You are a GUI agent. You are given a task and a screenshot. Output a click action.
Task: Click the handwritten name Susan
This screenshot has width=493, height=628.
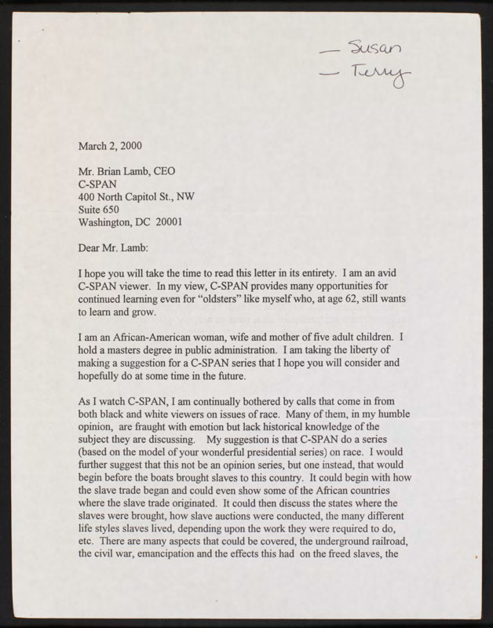[374, 52]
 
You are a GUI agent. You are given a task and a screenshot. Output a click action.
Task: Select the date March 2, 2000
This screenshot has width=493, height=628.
[110, 145]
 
